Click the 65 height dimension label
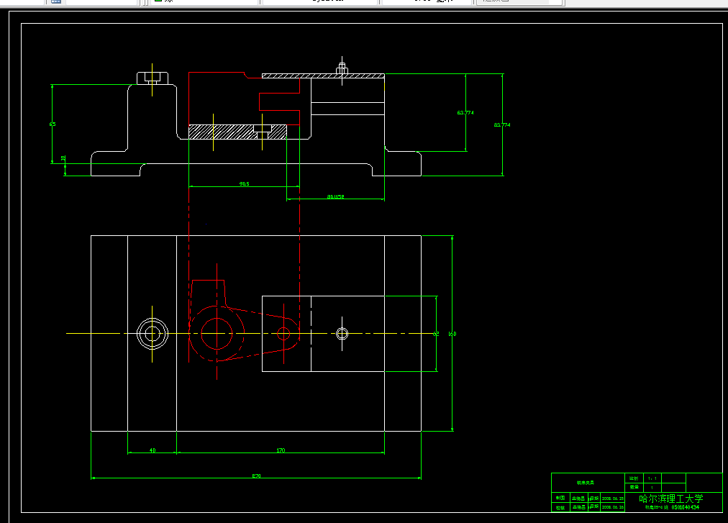53,124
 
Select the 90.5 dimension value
245,183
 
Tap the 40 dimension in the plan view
153,450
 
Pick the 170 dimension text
281,450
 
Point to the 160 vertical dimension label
452,334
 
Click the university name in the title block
671,498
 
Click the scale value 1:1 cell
652,478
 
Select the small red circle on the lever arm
283,333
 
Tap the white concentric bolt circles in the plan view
153,333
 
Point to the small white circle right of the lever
342,333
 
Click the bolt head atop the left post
153,78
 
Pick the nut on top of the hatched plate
342,70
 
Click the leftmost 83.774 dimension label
465,113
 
